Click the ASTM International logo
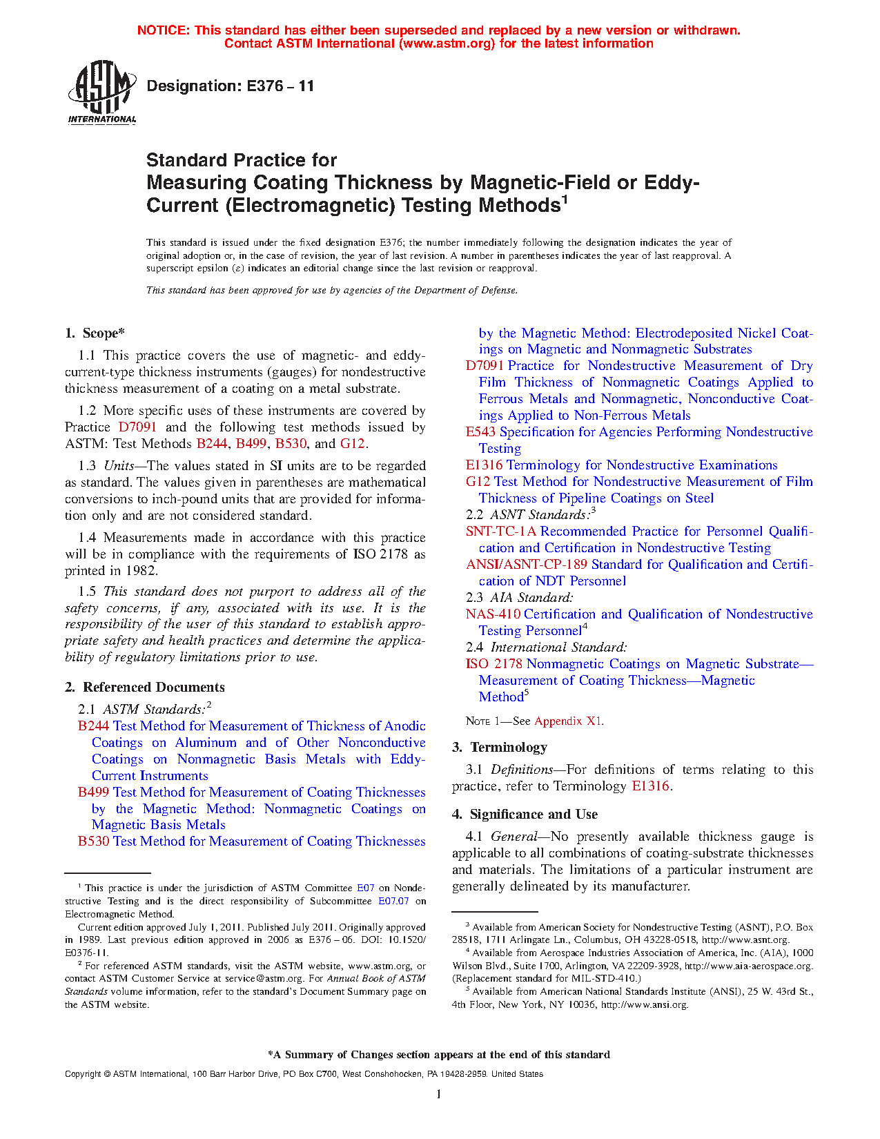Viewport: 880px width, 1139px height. click(x=102, y=92)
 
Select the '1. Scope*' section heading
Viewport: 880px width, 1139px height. click(x=95, y=333)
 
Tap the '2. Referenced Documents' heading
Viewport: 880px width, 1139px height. click(x=145, y=687)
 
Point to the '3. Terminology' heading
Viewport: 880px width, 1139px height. click(x=500, y=747)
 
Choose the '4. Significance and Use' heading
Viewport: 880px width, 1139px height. click(x=525, y=814)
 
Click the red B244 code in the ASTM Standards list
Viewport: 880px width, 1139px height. click(x=93, y=726)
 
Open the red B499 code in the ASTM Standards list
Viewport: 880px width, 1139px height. click(x=93, y=792)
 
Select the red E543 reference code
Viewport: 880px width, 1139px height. click(x=480, y=432)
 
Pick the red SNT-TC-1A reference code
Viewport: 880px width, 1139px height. click(x=501, y=532)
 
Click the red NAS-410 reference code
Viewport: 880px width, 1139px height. click(x=493, y=614)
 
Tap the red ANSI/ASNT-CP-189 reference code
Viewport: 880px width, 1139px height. click(x=527, y=565)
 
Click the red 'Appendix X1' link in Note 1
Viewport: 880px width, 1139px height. click(x=568, y=721)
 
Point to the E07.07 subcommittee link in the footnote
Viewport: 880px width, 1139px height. click(x=393, y=901)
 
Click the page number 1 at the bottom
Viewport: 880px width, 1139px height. click(x=439, y=1093)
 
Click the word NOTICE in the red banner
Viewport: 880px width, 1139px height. click(x=163, y=30)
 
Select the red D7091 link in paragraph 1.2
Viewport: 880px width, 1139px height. click(x=137, y=427)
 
